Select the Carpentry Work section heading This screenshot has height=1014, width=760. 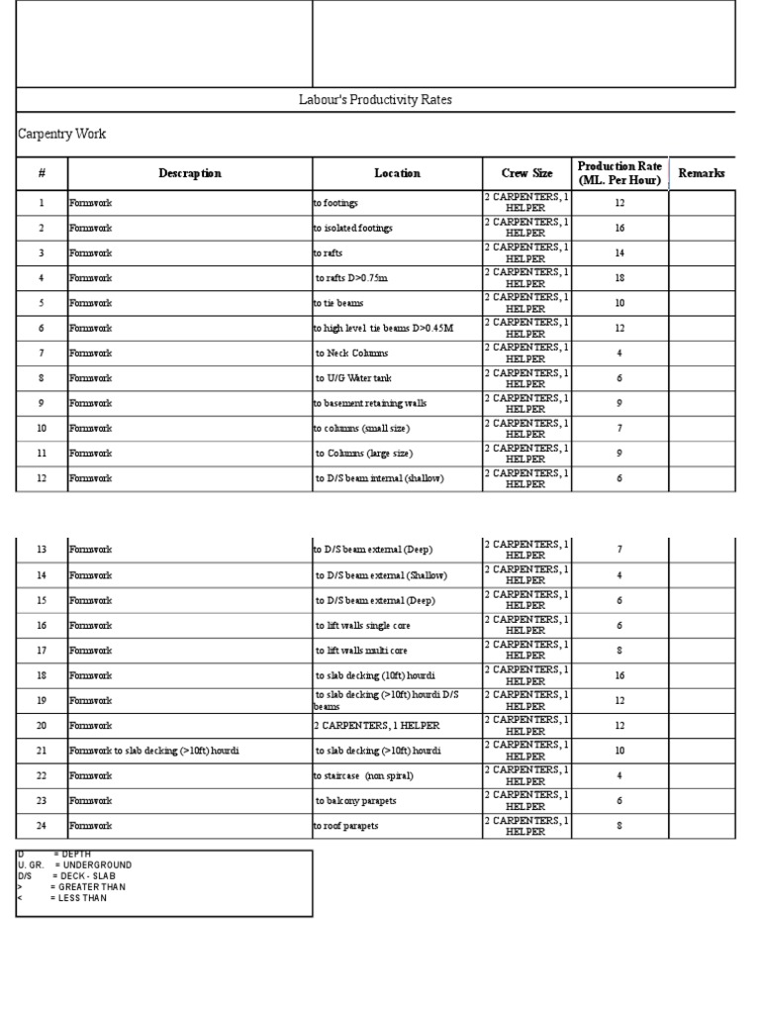click(62, 134)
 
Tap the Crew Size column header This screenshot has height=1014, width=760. click(526, 173)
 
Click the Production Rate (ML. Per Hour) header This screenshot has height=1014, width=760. click(619, 173)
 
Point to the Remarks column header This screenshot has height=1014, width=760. click(701, 173)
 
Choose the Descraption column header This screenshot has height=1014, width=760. click(190, 173)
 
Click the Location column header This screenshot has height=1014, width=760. click(397, 173)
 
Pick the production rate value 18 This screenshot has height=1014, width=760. click(619, 278)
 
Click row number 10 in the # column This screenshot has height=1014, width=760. click(42, 428)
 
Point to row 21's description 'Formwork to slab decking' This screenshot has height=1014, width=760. click(153, 751)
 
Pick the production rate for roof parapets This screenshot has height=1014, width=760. click(619, 825)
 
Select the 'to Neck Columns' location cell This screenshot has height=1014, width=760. click(352, 353)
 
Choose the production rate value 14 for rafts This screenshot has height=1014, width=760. click(619, 253)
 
